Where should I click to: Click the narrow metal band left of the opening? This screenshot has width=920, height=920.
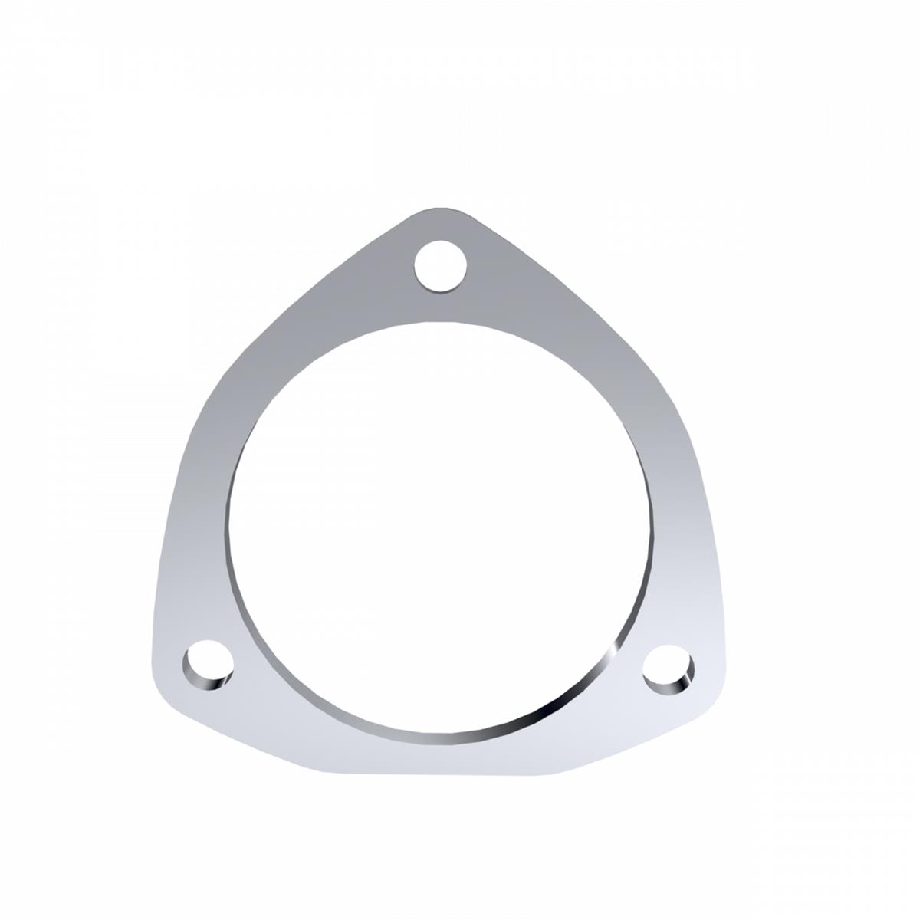click(201, 521)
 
